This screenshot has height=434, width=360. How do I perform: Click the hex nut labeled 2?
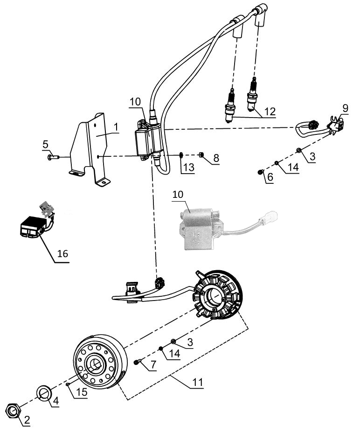tap(13, 410)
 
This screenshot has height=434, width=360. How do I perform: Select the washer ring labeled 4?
tap(44, 392)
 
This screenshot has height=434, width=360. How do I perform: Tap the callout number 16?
tap(62, 253)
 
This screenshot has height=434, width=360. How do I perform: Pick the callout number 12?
tap(269, 112)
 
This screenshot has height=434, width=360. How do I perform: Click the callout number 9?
tap(345, 108)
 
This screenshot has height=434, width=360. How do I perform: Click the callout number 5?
tap(45, 145)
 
